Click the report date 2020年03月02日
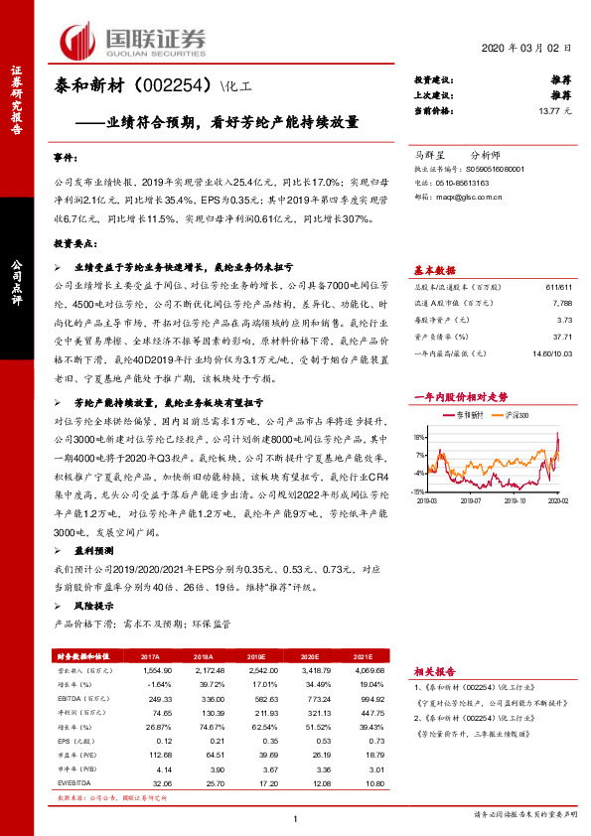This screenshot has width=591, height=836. (526, 48)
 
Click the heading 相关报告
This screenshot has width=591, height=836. (434, 672)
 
